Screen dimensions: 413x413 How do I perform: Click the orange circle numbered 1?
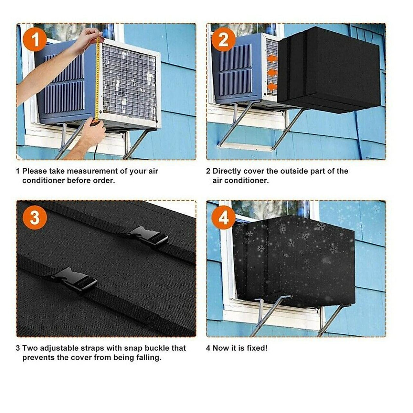pyautogui.click(x=35, y=40)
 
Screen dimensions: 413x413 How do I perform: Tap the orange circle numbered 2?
pyautogui.click(x=223, y=40)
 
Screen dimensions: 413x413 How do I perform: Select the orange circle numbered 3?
pyautogui.click(x=35, y=218)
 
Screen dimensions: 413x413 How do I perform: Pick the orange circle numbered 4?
pyautogui.click(x=223, y=218)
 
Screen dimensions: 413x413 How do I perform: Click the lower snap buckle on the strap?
pyautogui.click(x=74, y=279)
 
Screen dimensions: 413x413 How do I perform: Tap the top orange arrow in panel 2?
pyautogui.click(x=272, y=58)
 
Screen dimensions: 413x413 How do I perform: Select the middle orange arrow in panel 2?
pyautogui.click(x=272, y=73)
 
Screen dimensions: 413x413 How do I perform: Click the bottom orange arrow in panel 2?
pyautogui.click(x=272, y=87)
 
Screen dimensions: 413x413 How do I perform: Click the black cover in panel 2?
pyautogui.click(x=329, y=70)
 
